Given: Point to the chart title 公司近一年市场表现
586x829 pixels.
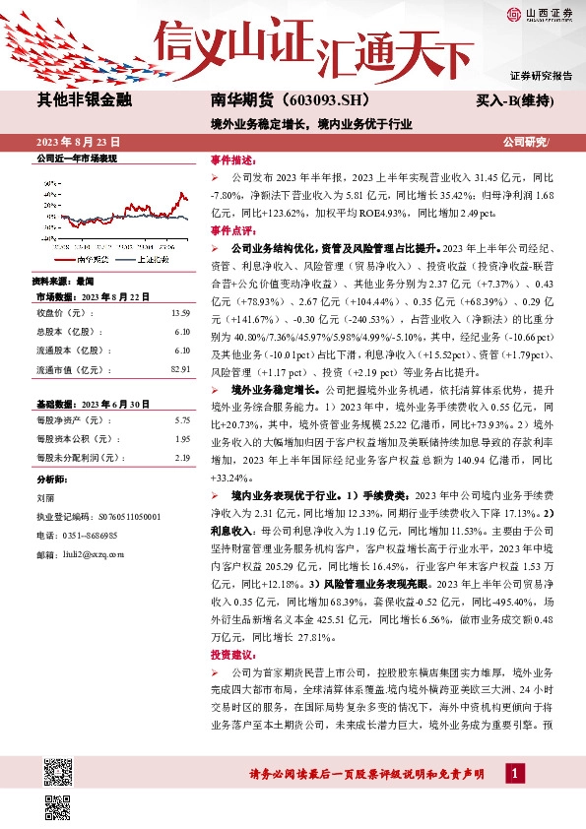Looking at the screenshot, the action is [77, 159].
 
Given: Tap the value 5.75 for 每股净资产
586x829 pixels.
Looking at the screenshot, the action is [181, 420].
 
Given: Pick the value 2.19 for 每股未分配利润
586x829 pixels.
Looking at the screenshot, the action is [181, 458].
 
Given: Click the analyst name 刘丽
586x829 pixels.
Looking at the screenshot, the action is [46, 498].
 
